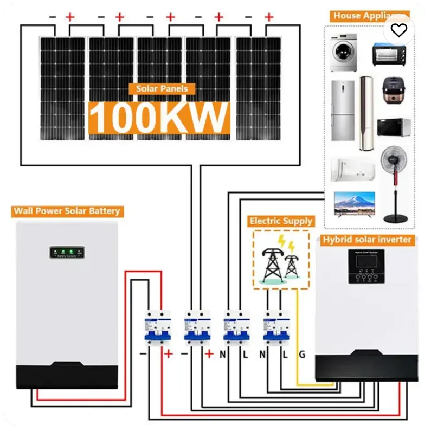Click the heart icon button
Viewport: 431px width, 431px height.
[x=399, y=30]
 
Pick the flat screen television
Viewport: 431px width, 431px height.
[x=353, y=204]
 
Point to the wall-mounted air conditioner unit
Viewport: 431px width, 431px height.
[x=352, y=169]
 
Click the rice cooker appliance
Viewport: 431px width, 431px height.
[x=392, y=90]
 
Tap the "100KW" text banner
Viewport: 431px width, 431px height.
[x=159, y=116]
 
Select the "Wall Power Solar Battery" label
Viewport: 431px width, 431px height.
[x=67, y=211]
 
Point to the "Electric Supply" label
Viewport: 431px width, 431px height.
[x=281, y=221]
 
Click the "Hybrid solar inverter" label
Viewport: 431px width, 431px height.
[x=368, y=240]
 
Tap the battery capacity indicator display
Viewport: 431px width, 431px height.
[x=67, y=252]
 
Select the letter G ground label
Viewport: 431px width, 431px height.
[x=302, y=355]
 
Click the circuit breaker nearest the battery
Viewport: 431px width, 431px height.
[x=157, y=328]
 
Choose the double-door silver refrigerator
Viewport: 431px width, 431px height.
[x=343, y=111]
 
